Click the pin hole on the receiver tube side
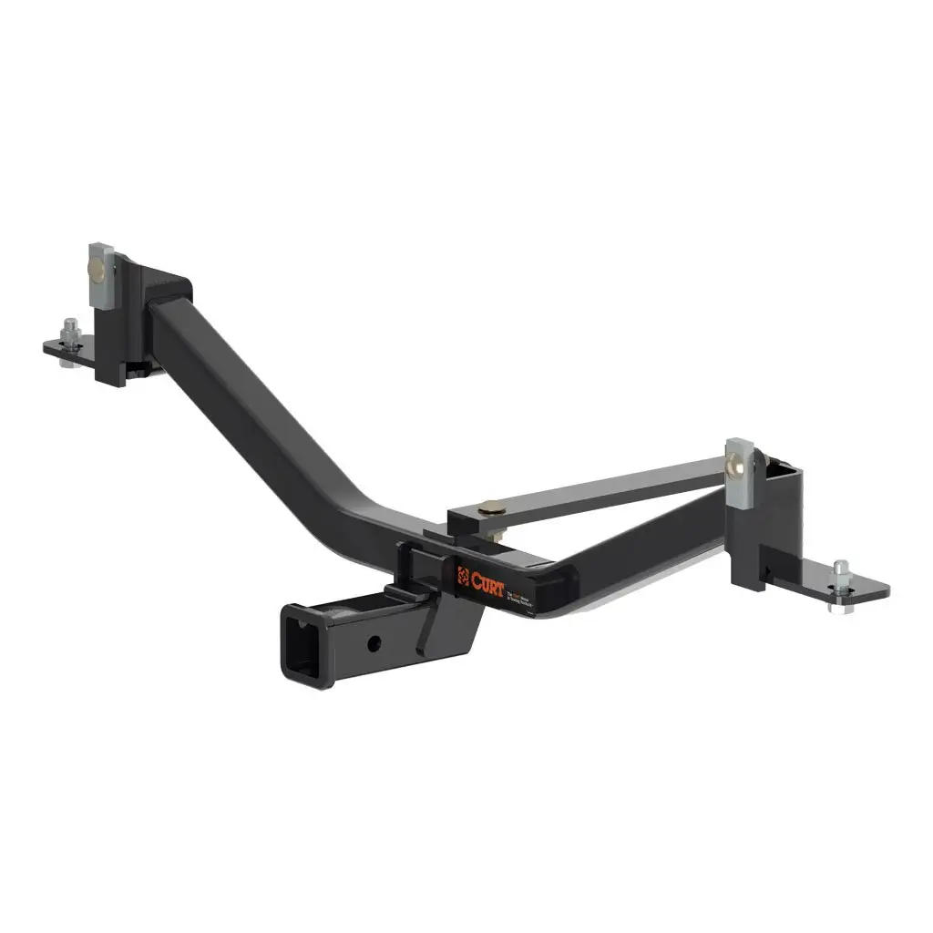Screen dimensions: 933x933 [x=374, y=643]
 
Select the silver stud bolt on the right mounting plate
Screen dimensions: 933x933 [x=840, y=576]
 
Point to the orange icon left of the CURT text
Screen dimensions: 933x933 [x=463, y=578]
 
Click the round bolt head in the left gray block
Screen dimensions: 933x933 [x=97, y=270]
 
